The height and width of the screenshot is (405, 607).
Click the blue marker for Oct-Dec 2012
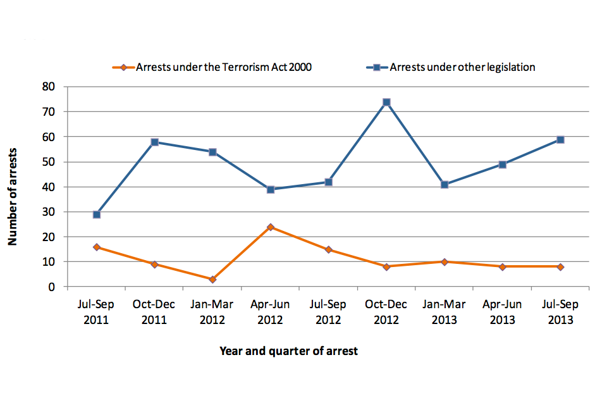(x=386, y=102)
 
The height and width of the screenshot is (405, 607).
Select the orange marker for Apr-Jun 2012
(x=271, y=227)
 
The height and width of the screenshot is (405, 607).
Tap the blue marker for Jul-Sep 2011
(x=97, y=215)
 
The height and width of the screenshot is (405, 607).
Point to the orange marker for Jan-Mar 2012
(x=212, y=279)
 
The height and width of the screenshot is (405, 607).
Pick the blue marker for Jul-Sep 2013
(x=560, y=140)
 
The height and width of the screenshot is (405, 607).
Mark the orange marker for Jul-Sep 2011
(x=97, y=247)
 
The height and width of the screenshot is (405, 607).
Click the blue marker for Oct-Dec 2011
(x=154, y=142)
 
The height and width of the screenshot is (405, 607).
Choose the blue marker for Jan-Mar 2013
(x=445, y=185)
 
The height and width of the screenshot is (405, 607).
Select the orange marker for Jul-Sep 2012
(x=328, y=249)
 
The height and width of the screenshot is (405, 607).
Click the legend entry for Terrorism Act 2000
(x=223, y=67)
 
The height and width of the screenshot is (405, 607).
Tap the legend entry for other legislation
(x=462, y=67)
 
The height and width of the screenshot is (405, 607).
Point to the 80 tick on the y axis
(x=49, y=87)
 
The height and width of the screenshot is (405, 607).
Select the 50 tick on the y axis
(x=49, y=161)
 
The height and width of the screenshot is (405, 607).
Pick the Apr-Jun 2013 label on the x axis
(x=503, y=312)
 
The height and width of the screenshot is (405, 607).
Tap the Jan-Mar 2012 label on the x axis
(x=212, y=312)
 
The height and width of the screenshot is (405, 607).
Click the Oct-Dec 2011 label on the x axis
(x=154, y=312)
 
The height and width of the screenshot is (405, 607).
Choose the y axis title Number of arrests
(x=12, y=197)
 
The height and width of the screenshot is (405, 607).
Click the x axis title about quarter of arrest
(x=288, y=351)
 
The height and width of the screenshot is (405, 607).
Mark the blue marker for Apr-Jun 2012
(x=271, y=189)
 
